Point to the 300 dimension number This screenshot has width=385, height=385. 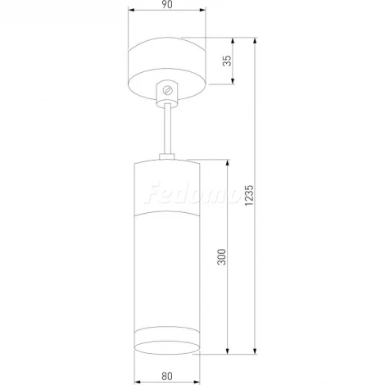[x=221, y=256]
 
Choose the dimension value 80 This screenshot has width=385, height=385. [x=166, y=376]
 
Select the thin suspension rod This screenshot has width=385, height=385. [x=167, y=127]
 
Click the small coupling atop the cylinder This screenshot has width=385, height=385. [x=167, y=156]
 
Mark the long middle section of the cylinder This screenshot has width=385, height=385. [x=167, y=270]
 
